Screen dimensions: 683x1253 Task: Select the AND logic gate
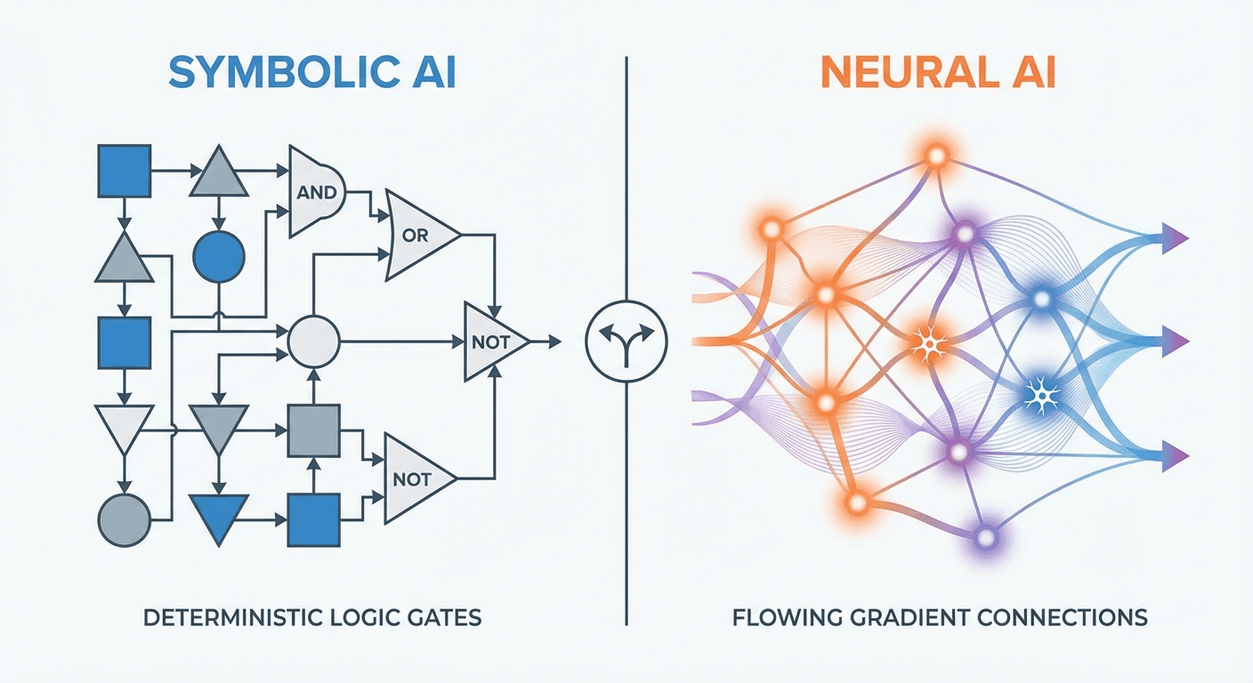point(316,192)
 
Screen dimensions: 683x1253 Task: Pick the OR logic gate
point(418,237)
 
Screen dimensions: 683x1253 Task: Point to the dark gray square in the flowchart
point(313,430)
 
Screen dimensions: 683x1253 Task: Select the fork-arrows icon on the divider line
point(627,341)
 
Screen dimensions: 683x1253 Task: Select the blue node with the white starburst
point(1038,392)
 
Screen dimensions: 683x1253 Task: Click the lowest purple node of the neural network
point(984,536)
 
